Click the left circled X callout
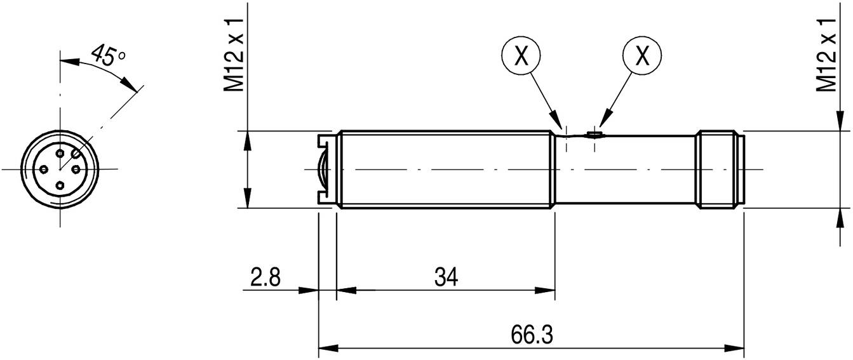click(521, 56)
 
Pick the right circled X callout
click(643, 56)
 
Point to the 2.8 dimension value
click(265, 277)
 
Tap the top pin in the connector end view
click(60, 153)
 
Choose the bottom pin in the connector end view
click(60, 185)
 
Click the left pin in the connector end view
click(44, 169)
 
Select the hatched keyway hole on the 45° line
click(76, 153)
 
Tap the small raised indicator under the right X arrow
click(594, 134)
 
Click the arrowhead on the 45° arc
click(130, 85)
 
